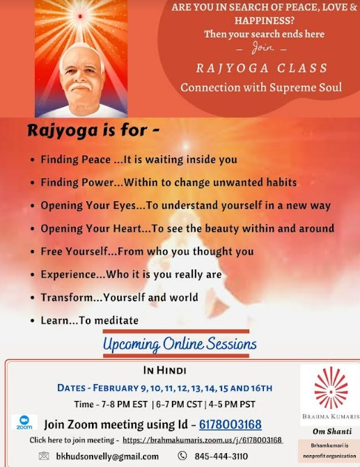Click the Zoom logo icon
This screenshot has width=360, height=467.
click(x=24, y=422)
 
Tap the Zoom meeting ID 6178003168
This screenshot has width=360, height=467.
click(x=230, y=424)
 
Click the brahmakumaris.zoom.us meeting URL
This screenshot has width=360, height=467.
click(x=203, y=440)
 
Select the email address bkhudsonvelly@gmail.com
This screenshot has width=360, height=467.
click(x=107, y=456)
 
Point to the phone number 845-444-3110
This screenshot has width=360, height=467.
click(x=221, y=456)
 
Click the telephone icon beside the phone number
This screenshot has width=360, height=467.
click(x=182, y=455)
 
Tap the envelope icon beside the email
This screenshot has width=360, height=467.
click(x=44, y=456)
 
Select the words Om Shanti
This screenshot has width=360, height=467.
click(x=332, y=431)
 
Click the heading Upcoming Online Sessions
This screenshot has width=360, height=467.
click(x=180, y=344)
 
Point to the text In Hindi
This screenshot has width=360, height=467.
click(x=165, y=370)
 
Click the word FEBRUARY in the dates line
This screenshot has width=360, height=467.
click(x=116, y=388)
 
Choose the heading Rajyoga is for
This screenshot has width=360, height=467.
click(x=93, y=130)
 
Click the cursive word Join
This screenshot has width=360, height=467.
click(x=263, y=47)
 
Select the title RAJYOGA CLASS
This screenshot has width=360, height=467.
click(x=262, y=68)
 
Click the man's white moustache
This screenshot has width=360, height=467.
click(x=81, y=86)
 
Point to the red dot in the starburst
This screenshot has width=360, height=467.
click(x=80, y=17)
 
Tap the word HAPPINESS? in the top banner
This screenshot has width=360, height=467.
click(x=265, y=21)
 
